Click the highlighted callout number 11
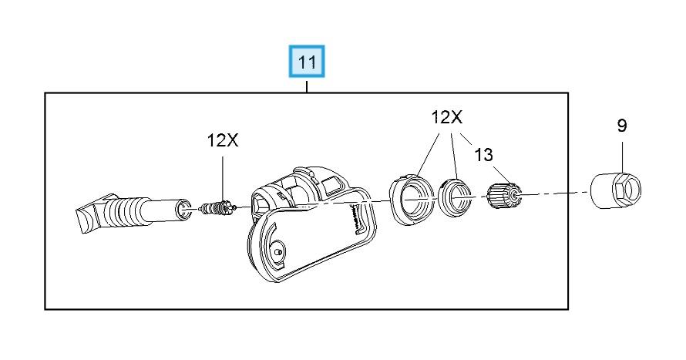point(308,62)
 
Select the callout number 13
point(483,155)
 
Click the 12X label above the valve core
point(223,140)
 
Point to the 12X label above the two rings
point(446,118)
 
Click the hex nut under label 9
point(617,190)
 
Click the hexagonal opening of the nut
point(628,189)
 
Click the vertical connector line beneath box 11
point(308,85)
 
